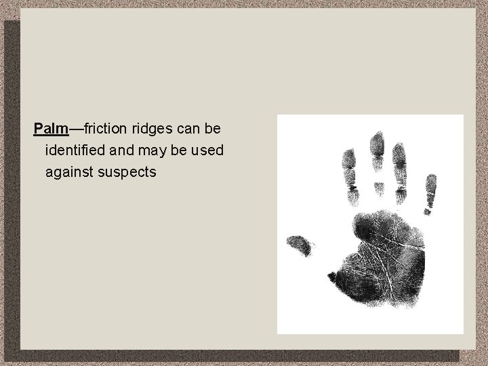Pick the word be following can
point(213,127)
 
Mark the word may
point(154,150)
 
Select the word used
point(209,150)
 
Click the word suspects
point(129,172)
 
